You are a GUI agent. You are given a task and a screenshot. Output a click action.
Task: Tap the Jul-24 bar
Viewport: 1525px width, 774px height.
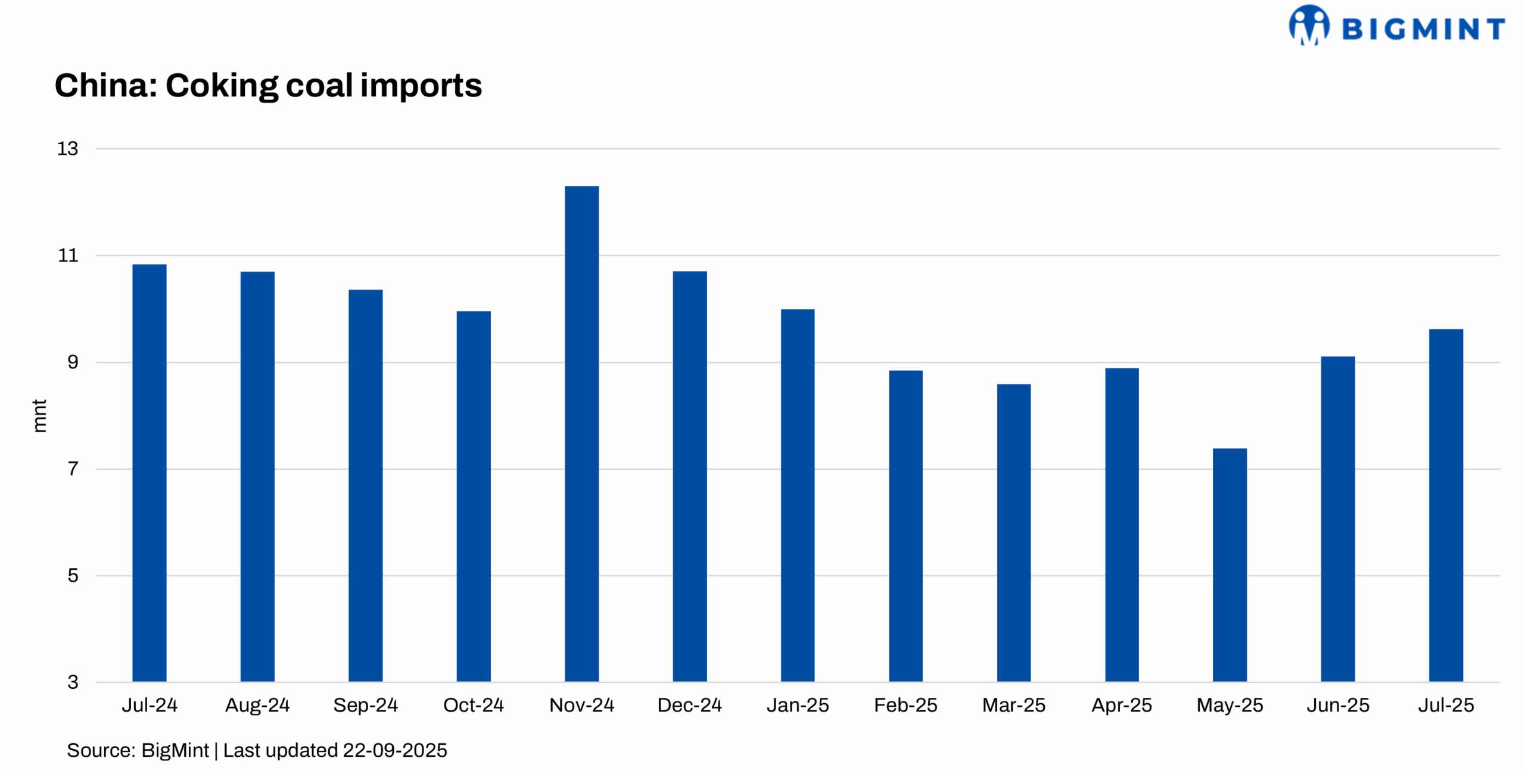[150, 473]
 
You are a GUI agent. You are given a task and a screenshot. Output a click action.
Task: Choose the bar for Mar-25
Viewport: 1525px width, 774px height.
[1013, 532]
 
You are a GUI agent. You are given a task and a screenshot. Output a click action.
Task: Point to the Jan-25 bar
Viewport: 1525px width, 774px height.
[798, 495]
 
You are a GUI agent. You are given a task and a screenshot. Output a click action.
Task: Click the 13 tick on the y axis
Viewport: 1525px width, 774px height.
[67, 149]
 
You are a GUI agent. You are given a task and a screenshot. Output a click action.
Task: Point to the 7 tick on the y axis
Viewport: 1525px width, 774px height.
[73, 469]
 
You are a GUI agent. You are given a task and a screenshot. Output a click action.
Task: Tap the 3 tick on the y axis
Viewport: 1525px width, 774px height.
[73, 682]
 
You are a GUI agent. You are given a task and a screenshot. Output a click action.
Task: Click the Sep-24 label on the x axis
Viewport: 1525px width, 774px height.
[365, 705]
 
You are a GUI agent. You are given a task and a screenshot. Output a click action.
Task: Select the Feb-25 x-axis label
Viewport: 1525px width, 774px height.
[905, 705]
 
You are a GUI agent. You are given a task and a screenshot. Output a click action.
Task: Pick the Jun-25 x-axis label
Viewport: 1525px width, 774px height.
[1338, 705]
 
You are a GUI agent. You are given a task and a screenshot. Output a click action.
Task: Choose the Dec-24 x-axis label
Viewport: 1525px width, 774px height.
[689, 705]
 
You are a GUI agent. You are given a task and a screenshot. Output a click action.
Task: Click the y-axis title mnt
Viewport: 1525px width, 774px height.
[39, 416]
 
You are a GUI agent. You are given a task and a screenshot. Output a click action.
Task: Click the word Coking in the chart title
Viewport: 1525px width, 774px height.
[222, 86]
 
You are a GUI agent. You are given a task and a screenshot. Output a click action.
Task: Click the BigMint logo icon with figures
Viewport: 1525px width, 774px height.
[1309, 25]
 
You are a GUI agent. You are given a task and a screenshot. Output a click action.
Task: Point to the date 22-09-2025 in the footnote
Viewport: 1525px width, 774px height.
[395, 750]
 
